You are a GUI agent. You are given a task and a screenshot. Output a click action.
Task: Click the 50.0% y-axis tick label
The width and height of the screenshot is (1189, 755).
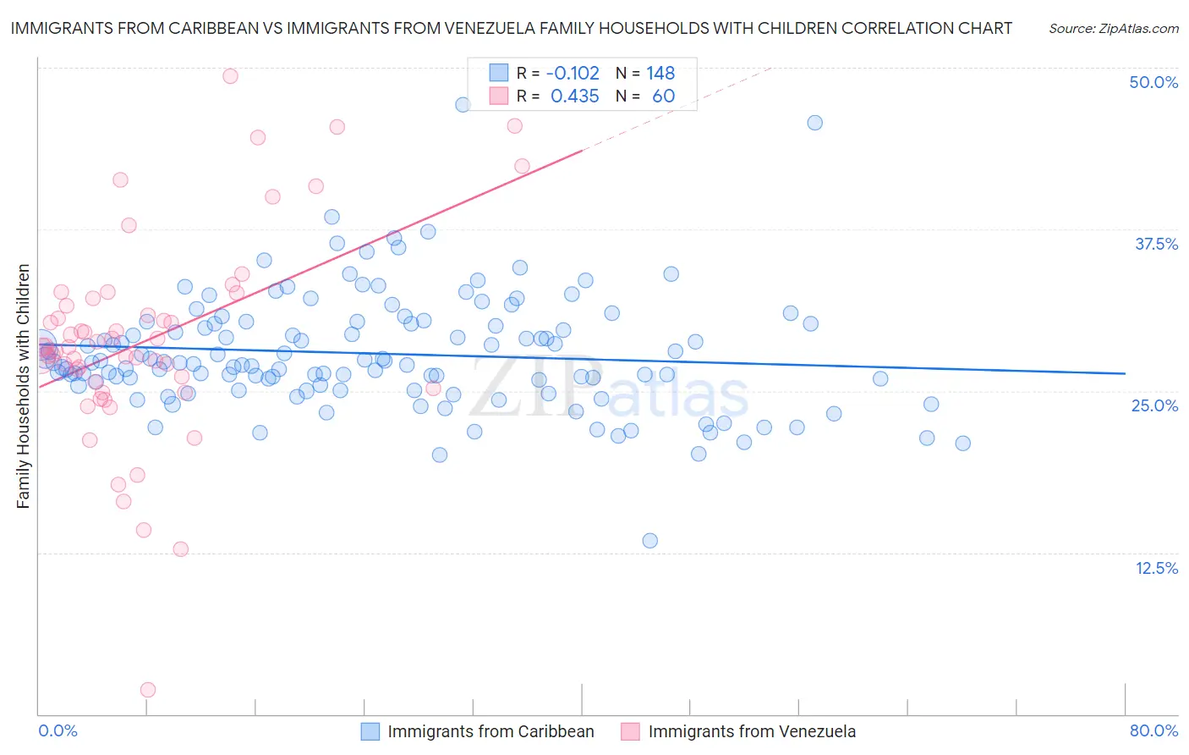click(1153, 82)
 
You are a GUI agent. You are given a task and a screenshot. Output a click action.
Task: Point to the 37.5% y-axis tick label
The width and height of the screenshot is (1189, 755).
click(1156, 244)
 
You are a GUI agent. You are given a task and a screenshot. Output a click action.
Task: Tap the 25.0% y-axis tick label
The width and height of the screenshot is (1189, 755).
click(1154, 405)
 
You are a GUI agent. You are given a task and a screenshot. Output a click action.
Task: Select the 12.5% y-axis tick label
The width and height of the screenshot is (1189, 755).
click(1156, 568)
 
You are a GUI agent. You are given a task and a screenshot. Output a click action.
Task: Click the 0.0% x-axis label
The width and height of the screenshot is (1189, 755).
click(58, 730)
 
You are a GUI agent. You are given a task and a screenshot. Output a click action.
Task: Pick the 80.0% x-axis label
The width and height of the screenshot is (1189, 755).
click(1153, 730)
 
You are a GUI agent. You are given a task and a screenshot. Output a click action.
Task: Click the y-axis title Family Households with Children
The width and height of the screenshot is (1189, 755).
click(24, 386)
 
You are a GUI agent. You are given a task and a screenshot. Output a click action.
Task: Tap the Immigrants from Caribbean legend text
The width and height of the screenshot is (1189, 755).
click(490, 731)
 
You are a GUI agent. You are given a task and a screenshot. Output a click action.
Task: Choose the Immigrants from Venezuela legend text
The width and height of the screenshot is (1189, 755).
click(752, 731)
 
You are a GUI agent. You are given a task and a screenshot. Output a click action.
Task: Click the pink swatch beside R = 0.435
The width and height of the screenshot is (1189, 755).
click(499, 96)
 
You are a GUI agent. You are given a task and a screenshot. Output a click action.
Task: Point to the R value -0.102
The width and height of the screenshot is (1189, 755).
click(573, 74)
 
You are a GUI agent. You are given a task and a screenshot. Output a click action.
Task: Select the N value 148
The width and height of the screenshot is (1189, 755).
click(660, 74)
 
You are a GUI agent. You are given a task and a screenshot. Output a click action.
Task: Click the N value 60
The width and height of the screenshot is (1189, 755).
click(663, 96)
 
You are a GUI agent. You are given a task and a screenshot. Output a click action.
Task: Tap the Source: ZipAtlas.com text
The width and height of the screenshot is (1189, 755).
click(1113, 28)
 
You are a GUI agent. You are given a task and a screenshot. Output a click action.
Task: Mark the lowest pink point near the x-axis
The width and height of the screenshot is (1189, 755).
click(148, 690)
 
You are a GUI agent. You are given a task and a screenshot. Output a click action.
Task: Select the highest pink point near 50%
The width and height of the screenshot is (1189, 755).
click(230, 76)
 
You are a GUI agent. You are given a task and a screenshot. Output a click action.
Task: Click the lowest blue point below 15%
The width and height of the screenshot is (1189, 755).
click(649, 540)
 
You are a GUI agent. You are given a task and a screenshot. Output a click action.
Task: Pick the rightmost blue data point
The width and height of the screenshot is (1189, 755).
click(962, 443)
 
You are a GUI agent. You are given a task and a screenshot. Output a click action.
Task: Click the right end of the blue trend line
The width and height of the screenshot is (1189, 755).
click(1125, 373)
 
